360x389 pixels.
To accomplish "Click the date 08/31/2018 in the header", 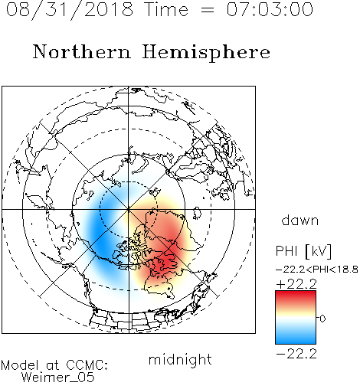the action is [70, 10].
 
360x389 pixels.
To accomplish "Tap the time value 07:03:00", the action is [270, 9].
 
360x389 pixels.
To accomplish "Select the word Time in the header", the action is [166, 9].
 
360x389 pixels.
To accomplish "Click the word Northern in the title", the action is [82, 51].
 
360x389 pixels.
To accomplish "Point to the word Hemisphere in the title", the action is [206, 53].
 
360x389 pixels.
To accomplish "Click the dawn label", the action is [300, 221].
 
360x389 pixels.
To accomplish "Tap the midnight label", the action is [180, 360].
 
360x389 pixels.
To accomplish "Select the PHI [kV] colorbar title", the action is [303, 251].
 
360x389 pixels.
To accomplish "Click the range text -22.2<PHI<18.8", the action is [317, 270].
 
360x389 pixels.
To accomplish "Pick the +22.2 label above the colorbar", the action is [296, 284].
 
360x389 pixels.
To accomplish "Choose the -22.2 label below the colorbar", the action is [296, 354].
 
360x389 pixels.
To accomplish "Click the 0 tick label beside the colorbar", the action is [322, 319].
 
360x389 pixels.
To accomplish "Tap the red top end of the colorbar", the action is [296, 293].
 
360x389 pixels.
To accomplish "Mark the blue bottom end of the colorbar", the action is [296, 341].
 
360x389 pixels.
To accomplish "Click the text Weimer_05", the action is [58, 378].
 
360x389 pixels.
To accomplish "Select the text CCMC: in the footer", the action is [87, 365].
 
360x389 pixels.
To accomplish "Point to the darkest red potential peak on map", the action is [167, 262].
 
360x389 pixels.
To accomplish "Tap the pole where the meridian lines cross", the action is [129, 209].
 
